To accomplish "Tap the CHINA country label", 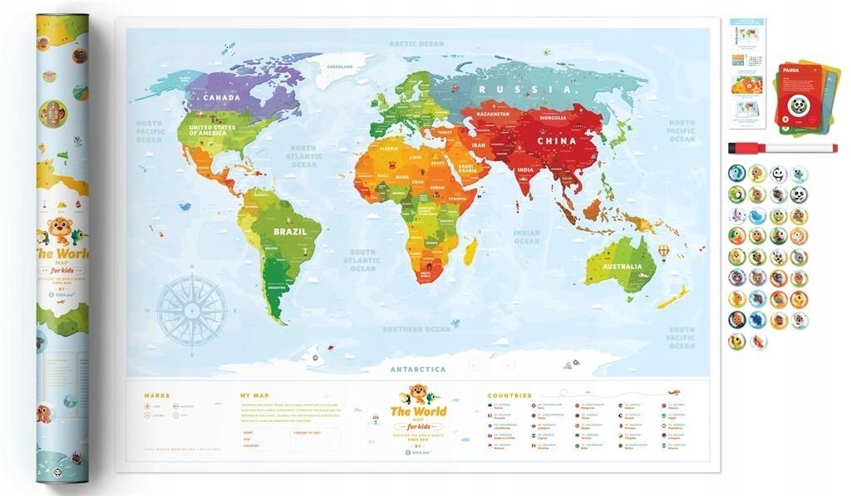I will click(x=557, y=140).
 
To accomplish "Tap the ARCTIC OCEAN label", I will click(x=417, y=43).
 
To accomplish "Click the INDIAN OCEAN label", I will click(x=526, y=237).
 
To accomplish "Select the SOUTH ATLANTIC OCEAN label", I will click(x=362, y=260).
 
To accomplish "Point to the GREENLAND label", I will click(x=340, y=66).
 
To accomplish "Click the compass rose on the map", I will click(x=192, y=310).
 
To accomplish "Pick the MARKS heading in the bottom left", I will click(x=157, y=395).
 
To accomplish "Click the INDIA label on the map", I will click(x=525, y=170).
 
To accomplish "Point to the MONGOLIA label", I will click(x=553, y=118).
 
